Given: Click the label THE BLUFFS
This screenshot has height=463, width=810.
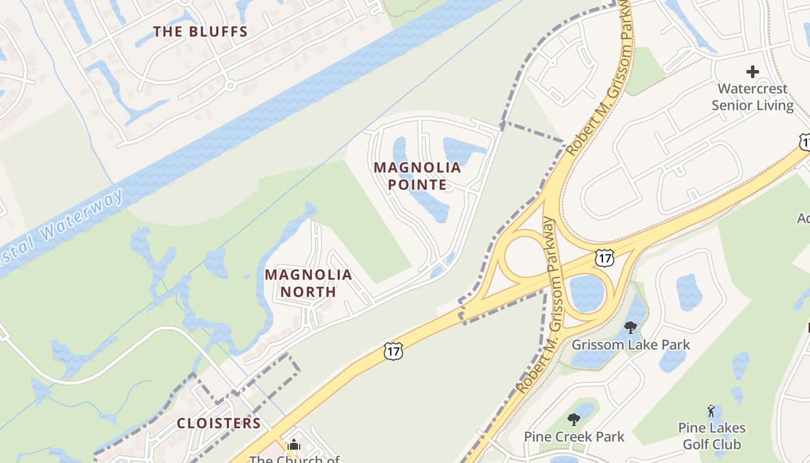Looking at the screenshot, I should pos(200,32).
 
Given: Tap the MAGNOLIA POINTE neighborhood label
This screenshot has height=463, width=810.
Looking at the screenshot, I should pos(417,176).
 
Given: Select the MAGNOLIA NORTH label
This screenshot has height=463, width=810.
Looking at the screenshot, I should pos(308,283).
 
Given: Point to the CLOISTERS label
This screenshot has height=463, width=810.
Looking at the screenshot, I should pos(219,423).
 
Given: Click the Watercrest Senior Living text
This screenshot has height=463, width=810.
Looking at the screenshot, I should pos(752,97).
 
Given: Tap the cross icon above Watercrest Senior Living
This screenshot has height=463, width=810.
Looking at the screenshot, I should pos(752,72).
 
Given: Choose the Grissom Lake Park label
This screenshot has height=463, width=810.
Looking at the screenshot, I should pos(631,345).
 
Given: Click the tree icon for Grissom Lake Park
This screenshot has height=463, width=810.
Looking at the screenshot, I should pos(631,328).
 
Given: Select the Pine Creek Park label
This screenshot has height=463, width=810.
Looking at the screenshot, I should pos(574,436).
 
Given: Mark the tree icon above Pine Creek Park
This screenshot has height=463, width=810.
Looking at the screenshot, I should pos(574,419).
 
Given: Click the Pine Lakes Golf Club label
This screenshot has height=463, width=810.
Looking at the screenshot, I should pos(712,436).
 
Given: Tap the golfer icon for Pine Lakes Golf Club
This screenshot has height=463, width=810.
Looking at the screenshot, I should pos(711,411).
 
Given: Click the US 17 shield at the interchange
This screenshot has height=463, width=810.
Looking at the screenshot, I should pos(604,258).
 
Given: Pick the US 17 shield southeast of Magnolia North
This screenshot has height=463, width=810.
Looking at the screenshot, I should pos(392,350).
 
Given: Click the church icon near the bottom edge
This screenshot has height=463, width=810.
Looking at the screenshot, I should pos(294,445).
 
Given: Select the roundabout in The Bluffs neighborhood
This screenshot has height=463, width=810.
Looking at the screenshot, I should pos(230,86).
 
